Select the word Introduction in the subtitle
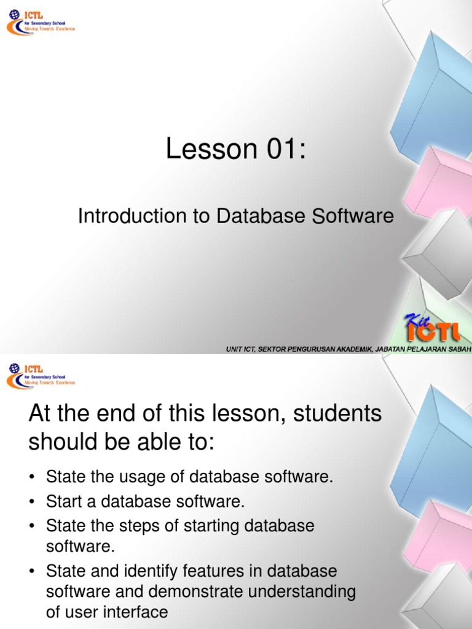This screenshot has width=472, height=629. [123, 216]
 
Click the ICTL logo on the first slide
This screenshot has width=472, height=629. [41, 25]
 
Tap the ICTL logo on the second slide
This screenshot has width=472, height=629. [41, 375]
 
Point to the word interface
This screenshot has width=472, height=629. [137, 612]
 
